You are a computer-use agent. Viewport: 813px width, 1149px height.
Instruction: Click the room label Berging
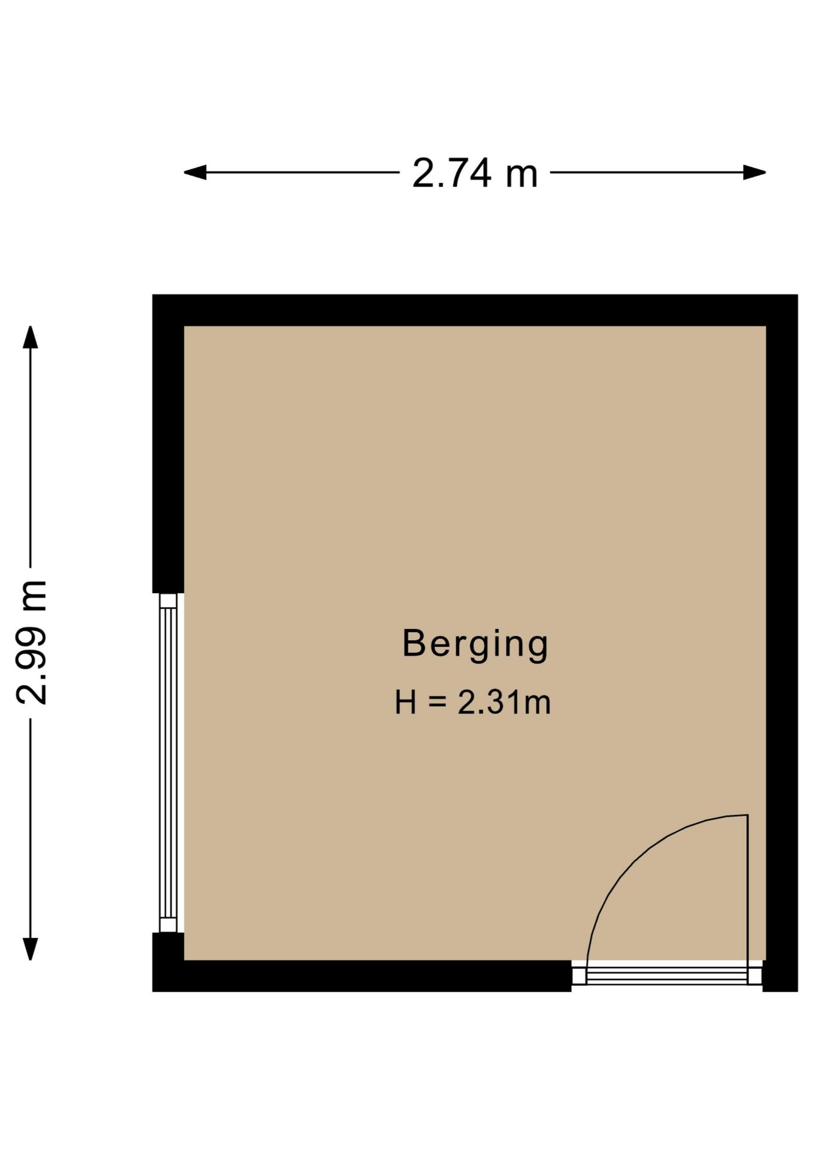[x=475, y=645]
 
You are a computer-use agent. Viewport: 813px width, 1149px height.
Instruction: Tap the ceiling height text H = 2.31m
[x=472, y=703]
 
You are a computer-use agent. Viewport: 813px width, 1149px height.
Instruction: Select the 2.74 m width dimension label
[x=475, y=174]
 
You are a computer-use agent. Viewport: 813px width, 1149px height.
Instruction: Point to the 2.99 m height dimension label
[x=31, y=642]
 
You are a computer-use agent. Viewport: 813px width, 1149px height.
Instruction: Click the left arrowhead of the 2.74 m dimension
[x=195, y=173]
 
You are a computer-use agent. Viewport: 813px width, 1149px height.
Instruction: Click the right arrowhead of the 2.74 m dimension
[x=754, y=173]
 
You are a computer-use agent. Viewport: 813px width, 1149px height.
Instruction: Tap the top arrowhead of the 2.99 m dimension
[x=30, y=337]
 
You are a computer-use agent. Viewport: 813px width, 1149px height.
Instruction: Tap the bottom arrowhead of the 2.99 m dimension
[x=30, y=949]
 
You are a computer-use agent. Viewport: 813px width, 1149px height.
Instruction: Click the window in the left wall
[x=168, y=762]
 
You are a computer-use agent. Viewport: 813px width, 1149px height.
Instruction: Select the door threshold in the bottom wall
[x=667, y=976]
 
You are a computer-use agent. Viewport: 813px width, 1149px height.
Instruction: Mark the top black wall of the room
[x=475, y=310]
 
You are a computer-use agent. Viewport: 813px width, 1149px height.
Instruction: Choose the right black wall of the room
[x=782, y=643]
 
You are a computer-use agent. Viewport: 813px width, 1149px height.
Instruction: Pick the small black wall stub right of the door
[x=780, y=976]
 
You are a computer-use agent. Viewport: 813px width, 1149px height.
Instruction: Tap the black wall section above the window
[x=168, y=443]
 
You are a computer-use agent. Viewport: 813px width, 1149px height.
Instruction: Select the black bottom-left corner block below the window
[x=168, y=962]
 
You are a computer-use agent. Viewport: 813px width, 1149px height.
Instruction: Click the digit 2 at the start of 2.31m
[x=466, y=703]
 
